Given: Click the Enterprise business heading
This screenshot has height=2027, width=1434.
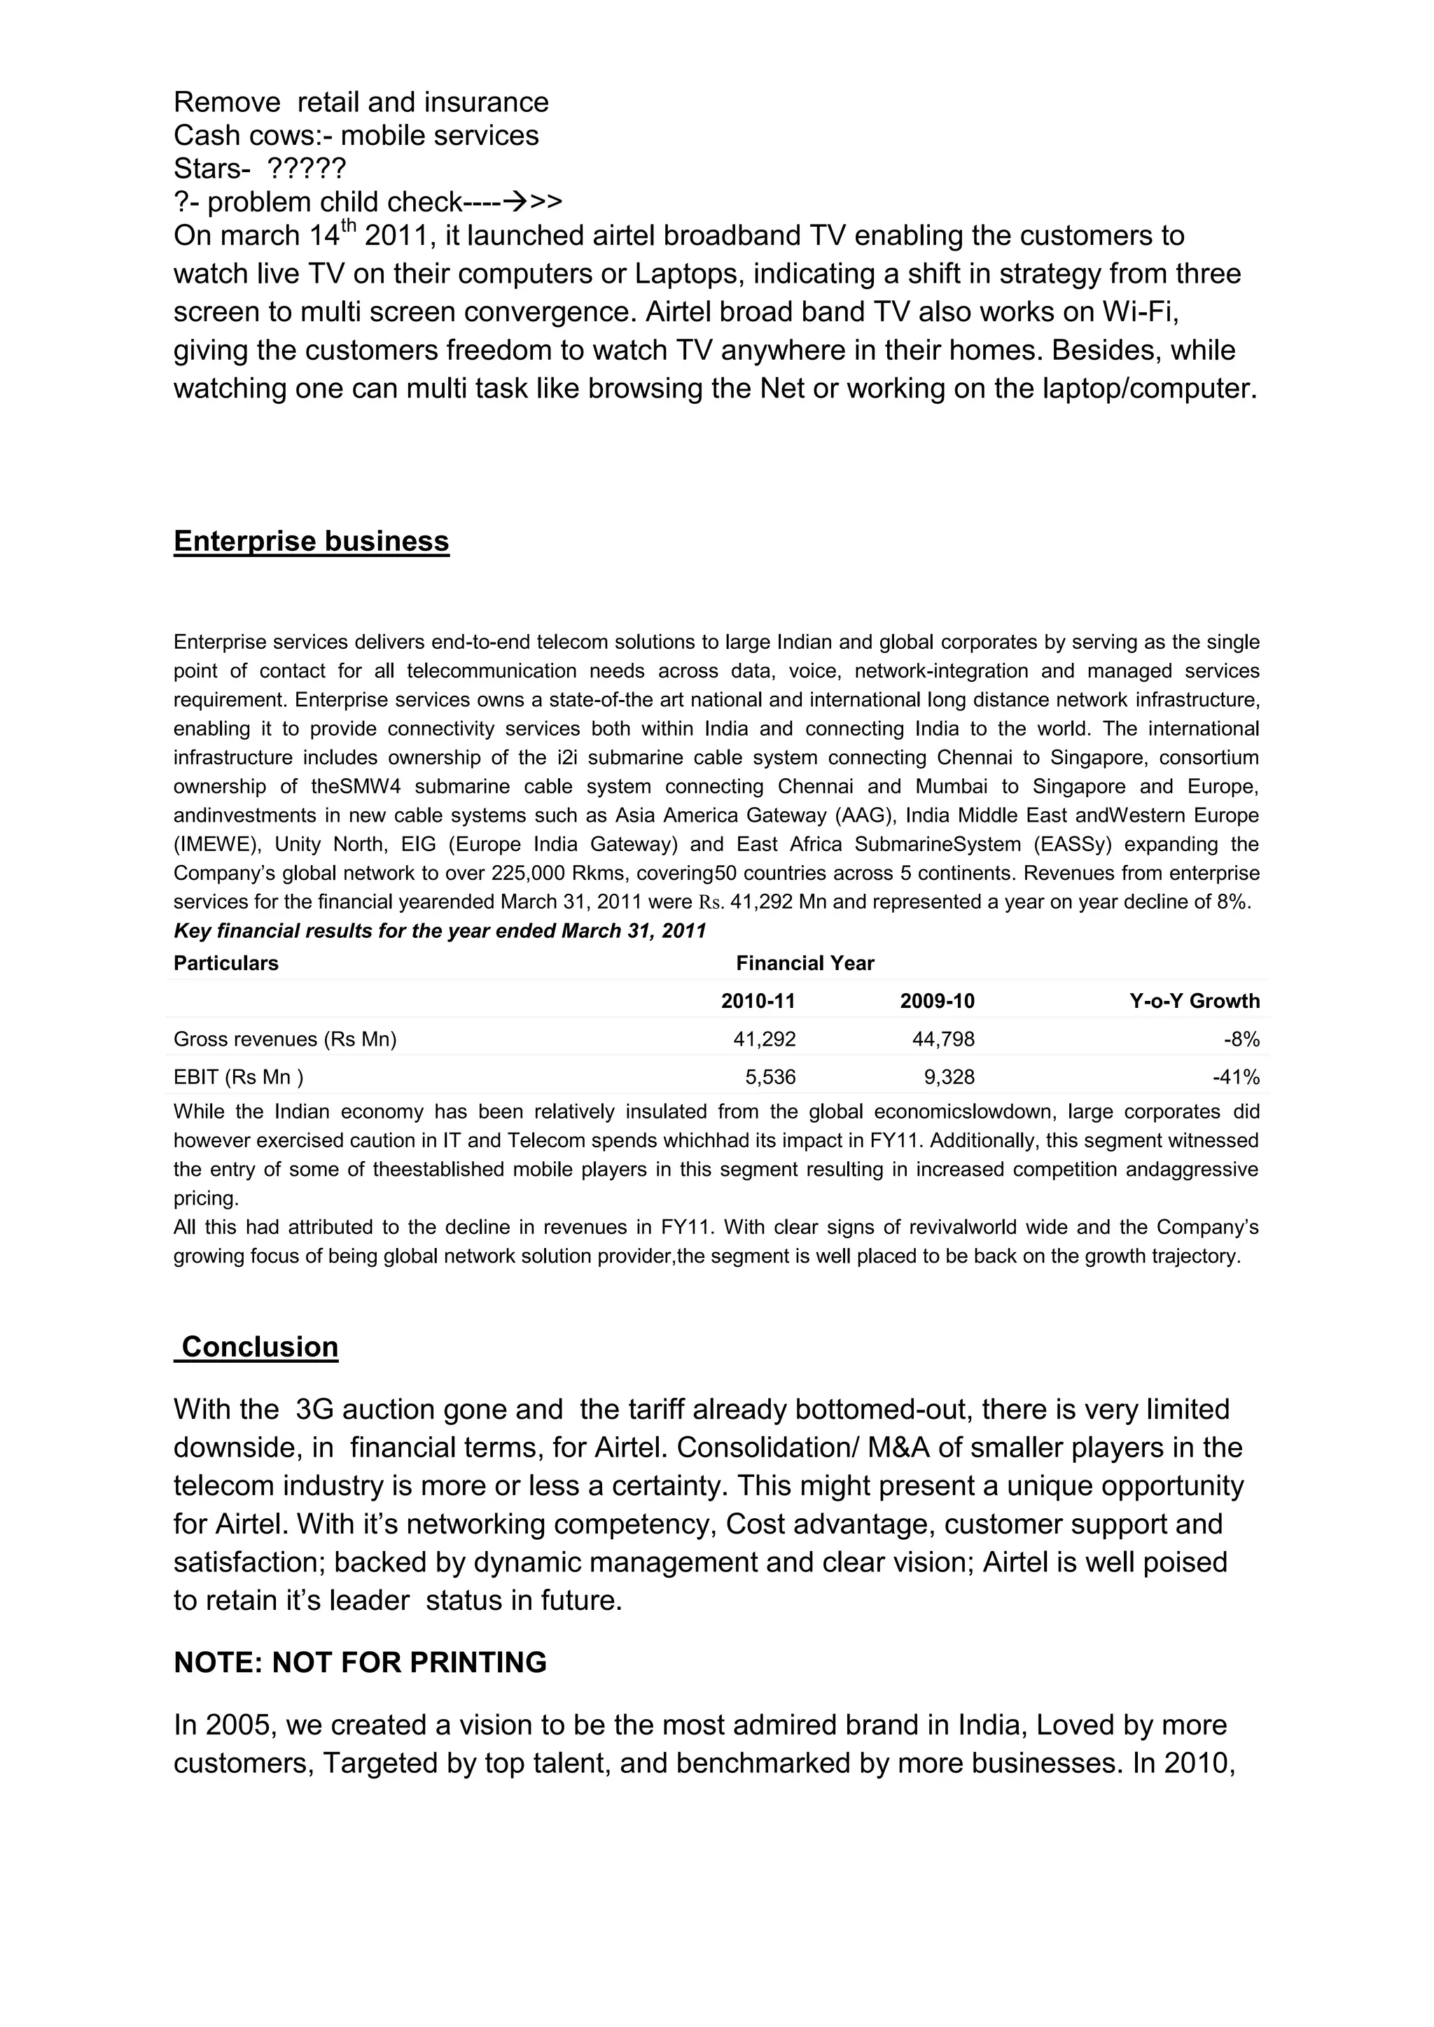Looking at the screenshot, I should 311,541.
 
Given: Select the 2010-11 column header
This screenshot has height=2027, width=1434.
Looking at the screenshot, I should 758,1001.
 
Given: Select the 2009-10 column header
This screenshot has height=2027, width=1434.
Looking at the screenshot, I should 937,1001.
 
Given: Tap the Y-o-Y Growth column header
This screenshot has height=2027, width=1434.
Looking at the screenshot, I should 1194,1001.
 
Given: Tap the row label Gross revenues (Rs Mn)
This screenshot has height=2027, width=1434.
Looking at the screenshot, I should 284,1039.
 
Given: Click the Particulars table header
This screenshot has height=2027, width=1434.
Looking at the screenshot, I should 225,963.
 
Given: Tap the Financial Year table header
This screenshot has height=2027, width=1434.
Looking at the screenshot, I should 805,963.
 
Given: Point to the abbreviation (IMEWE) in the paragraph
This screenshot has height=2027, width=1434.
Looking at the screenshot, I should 216,845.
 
